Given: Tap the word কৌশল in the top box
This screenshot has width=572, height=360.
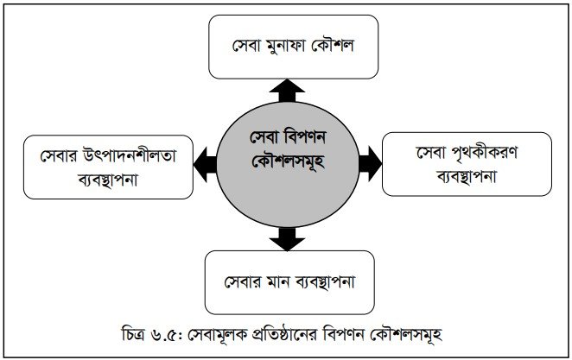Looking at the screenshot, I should coord(343,44).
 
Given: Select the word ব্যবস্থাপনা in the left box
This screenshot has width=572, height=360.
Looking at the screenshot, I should coord(103,179).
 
